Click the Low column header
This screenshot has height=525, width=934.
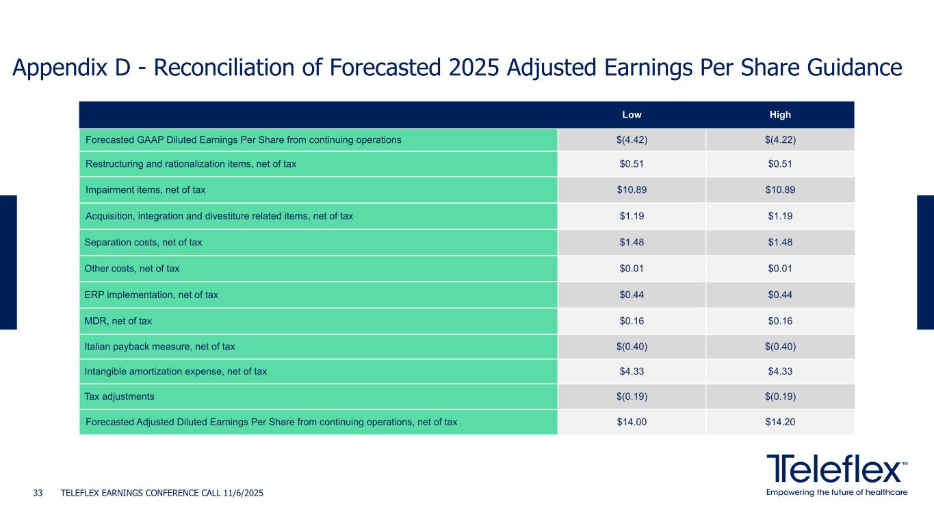click(x=631, y=115)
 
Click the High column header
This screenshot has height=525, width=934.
click(x=780, y=115)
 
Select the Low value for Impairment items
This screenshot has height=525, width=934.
click(x=631, y=190)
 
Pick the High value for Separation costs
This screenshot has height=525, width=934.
click(x=780, y=242)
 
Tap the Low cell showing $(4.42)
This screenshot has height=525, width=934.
click(x=631, y=140)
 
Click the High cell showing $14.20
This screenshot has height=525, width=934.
click(x=780, y=422)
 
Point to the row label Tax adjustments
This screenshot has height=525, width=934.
click(x=119, y=396)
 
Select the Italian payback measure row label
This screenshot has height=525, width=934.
click(x=159, y=347)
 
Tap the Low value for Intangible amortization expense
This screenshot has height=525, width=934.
click(x=631, y=371)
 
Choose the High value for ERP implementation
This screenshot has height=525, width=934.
click(x=780, y=295)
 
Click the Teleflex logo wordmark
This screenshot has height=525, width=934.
click(x=836, y=469)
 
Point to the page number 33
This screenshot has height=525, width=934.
click(x=38, y=493)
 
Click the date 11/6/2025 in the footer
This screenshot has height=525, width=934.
click(x=244, y=493)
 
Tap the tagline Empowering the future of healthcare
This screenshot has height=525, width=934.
click(x=837, y=492)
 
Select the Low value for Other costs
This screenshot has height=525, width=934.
click(x=631, y=269)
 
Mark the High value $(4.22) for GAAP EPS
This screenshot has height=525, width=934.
click(x=780, y=140)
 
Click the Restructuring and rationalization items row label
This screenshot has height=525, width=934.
click(x=190, y=164)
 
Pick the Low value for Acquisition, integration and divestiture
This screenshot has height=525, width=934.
click(x=631, y=217)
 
